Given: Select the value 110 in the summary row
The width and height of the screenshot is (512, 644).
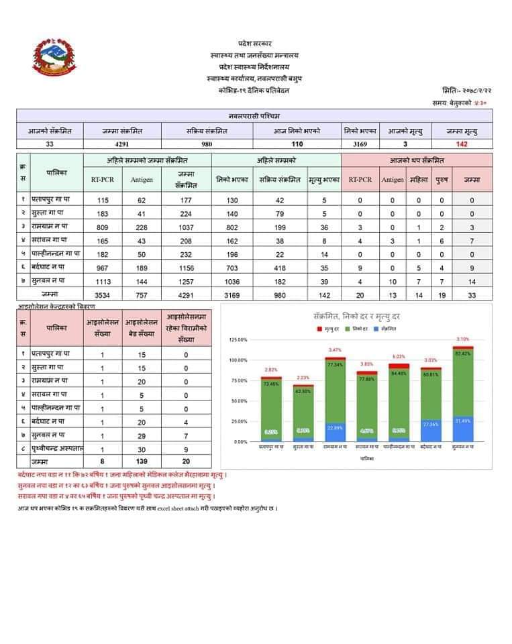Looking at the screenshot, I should tap(297, 144).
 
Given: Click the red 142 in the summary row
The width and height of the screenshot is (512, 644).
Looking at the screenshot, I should tap(460, 144).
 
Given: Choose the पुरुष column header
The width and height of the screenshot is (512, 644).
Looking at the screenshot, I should tap(441, 179).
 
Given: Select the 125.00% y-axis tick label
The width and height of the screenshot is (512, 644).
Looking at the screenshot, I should tap(239, 340).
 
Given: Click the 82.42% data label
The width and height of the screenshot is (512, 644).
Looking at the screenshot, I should tap(462, 353).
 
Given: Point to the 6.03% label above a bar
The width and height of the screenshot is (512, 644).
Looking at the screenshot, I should tap(398, 357).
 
